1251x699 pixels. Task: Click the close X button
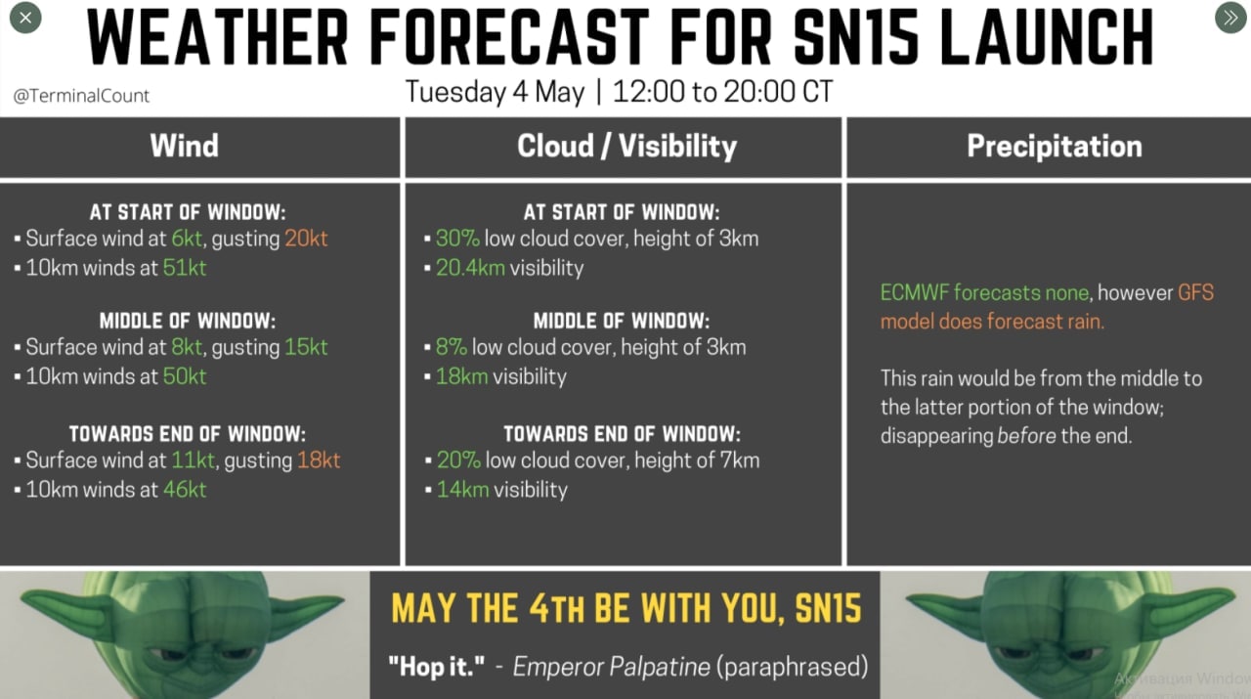click(x=25, y=18)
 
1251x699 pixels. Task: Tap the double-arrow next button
click(x=1230, y=18)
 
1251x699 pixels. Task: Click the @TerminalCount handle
click(x=81, y=96)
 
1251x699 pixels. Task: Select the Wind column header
click(x=185, y=146)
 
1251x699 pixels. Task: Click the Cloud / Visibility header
click(x=626, y=147)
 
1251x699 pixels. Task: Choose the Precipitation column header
click(x=1055, y=147)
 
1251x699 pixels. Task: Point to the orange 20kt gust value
click(x=306, y=239)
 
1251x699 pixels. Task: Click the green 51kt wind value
click(x=185, y=268)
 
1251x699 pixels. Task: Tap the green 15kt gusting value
click(x=306, y=347)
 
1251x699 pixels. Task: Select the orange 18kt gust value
click(x=319, y=460)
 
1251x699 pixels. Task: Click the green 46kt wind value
click(x=185, y=490)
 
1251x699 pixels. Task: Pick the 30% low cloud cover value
click(x=457, y=239)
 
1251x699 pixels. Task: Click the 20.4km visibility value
click(x=470, y=268)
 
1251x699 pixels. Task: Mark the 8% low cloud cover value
click(x=452, y=347)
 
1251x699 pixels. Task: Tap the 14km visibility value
click(x=462, y=490)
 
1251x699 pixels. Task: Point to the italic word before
click(x=1026, y=435)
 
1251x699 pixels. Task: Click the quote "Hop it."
click(x=436, y=667)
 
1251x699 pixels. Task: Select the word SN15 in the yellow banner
click(x=828, y=608)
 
